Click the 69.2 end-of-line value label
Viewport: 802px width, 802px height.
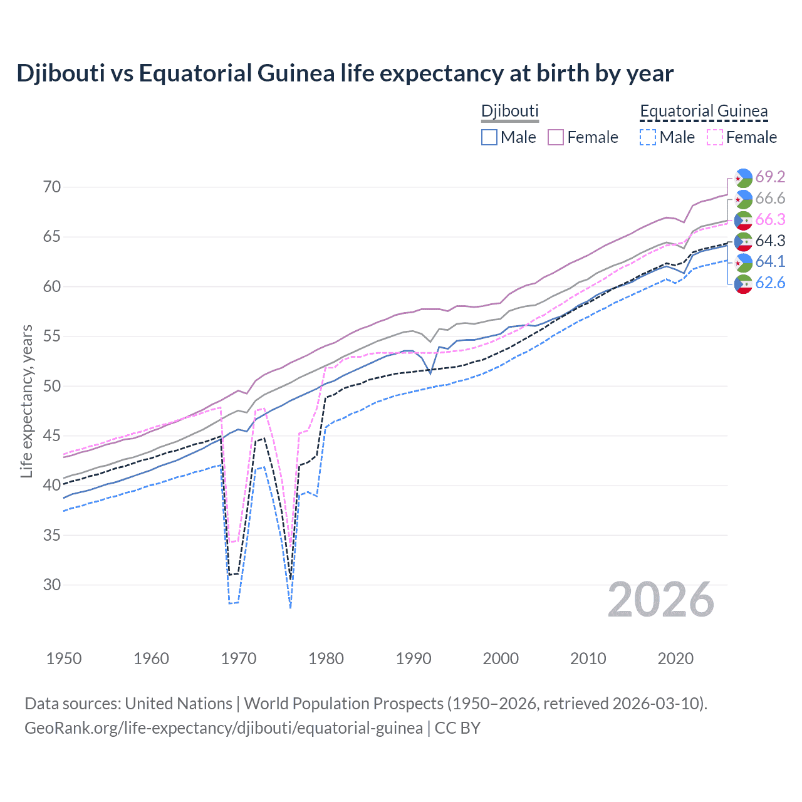pyautogui.click(x=770, y=177)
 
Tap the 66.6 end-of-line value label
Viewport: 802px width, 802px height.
pyautogui.click(x=770, y=199)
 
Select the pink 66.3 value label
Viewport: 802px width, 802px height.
pyautogui.click(x=770, y=220)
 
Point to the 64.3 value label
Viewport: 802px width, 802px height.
pyautogui.click(x=770, y=241)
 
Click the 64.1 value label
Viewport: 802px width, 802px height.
pyautogui.click(x=770, y=262)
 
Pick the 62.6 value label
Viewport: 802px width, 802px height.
pyautogui.click(x=770, y=283)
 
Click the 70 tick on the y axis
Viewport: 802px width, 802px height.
pyautogui.click(x=53, y=187)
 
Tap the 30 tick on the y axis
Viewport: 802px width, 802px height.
pyautogui.click(x=53, y=585)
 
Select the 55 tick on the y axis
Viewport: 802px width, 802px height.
pyautogui.click(x=53, y=336)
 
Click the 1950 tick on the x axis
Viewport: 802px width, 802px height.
pyautogui.click(x=64, y=659)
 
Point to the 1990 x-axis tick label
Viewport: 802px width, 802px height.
pyautogui.click(x=414, y=659)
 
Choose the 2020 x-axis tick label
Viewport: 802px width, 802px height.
pyautogui.click(x=675, y=659)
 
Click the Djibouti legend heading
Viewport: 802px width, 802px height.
pyautogui.click(x=509, y=112)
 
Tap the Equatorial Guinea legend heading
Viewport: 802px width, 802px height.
pyautogui.click(x=703, y=112)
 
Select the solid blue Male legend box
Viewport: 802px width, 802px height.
pyautogui.click(x=489, y=137)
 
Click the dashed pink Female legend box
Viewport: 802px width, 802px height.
pyautogui.click(x=714, y=137)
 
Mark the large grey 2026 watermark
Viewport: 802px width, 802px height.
pyautogui.click(x=661, y=600)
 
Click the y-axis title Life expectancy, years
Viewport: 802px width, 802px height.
pyautogui.click(x=26, y=401)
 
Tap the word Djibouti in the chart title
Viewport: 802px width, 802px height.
pyautogui.click(x=60, y=73)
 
